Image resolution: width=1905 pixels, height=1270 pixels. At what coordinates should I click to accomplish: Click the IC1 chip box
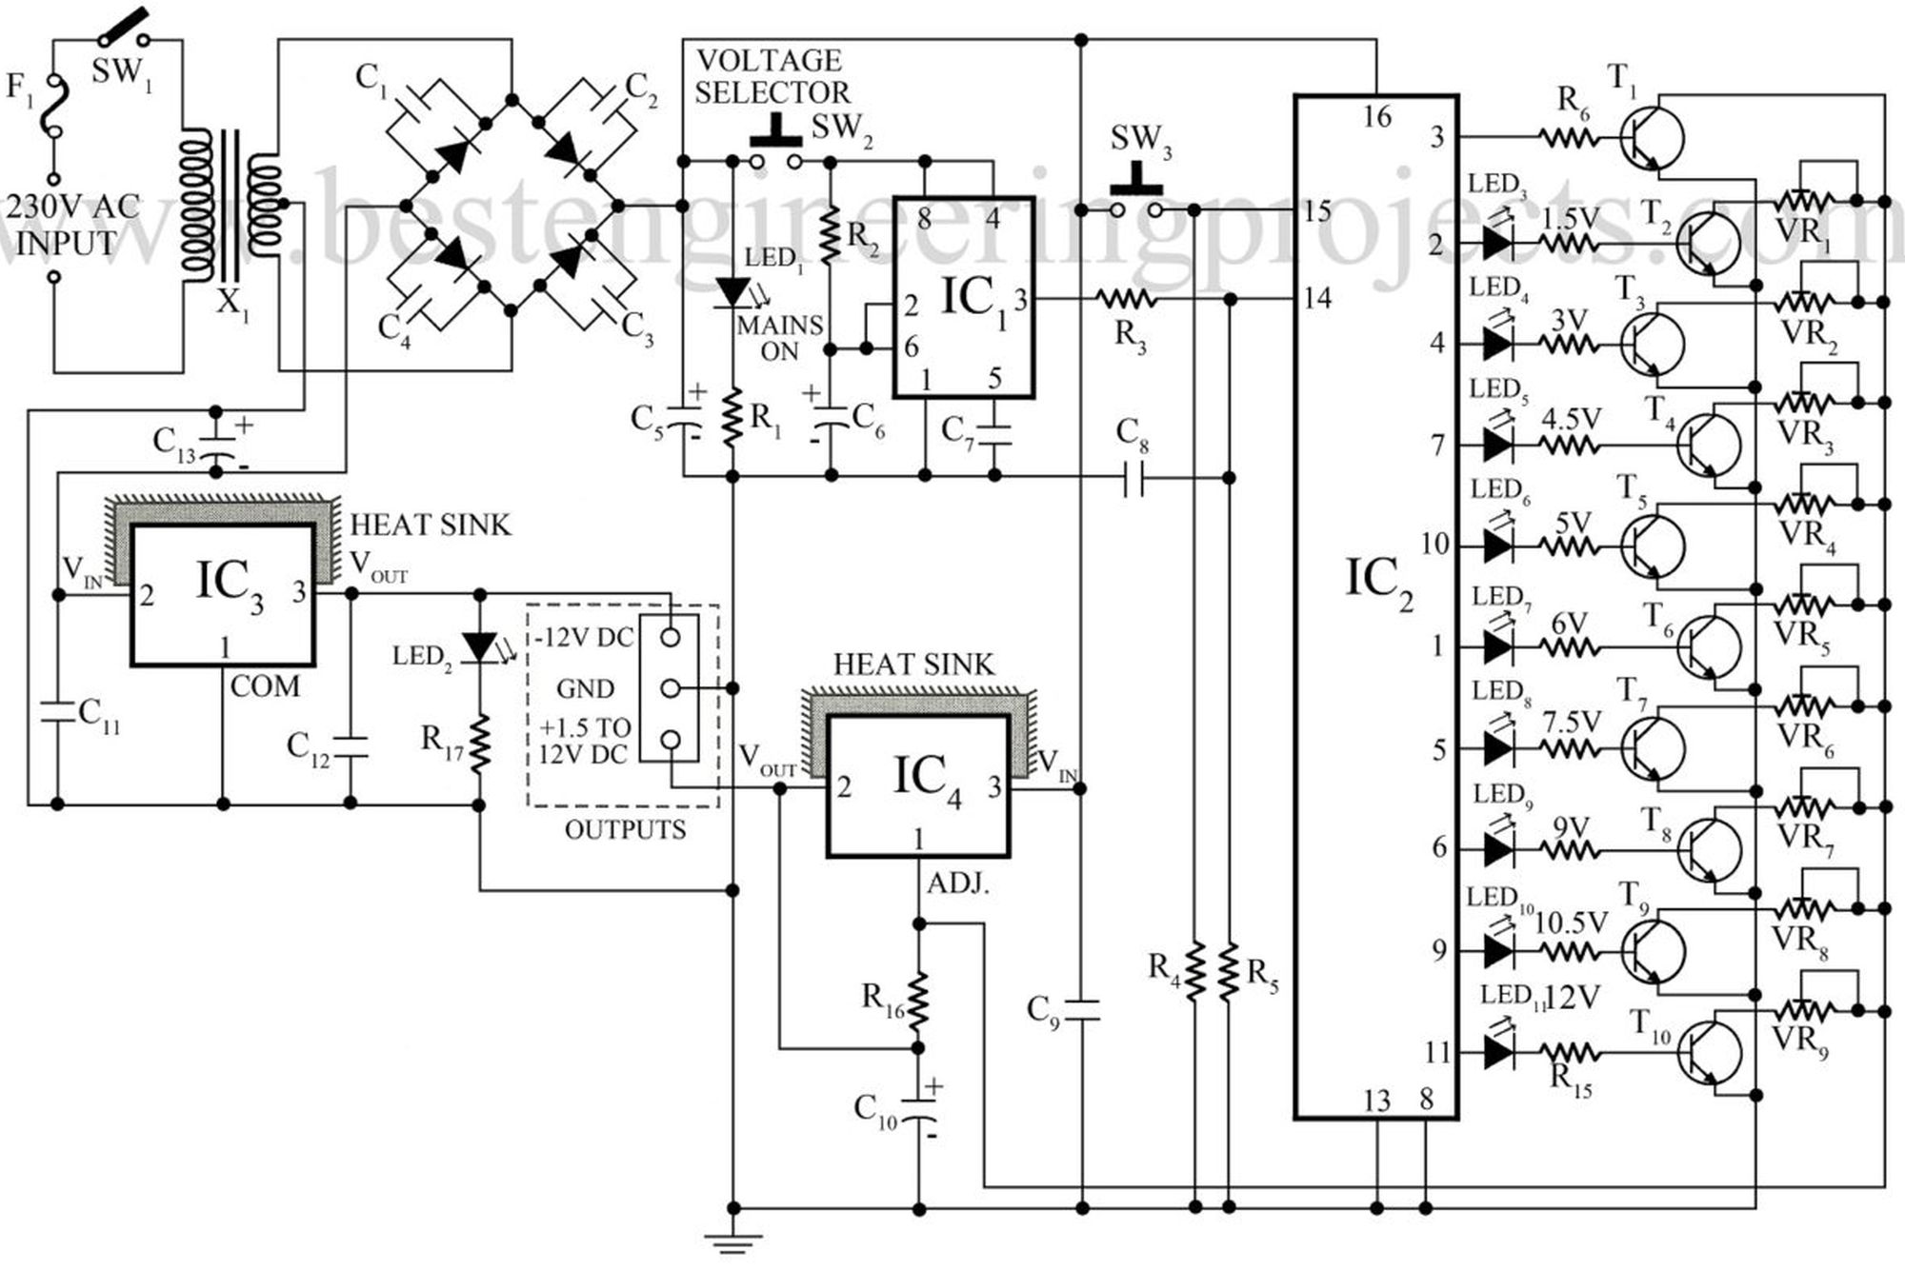point(964,297)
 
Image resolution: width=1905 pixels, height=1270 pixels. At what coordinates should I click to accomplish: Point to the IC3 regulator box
point(223,594)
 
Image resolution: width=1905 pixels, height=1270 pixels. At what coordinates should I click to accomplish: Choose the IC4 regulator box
point(919,786)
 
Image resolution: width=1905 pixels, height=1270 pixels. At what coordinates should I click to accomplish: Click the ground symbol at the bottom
point(733,1240)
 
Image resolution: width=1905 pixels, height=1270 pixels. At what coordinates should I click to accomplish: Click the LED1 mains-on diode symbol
point(732,291)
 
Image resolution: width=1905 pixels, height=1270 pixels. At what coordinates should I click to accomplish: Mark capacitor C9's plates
point(1081,1009)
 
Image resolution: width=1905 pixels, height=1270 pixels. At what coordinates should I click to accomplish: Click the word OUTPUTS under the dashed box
point(625,830)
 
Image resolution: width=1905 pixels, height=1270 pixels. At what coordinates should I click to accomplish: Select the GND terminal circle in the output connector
point(670,687)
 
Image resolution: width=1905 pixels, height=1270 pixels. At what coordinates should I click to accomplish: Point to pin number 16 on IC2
point(1376,117)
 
